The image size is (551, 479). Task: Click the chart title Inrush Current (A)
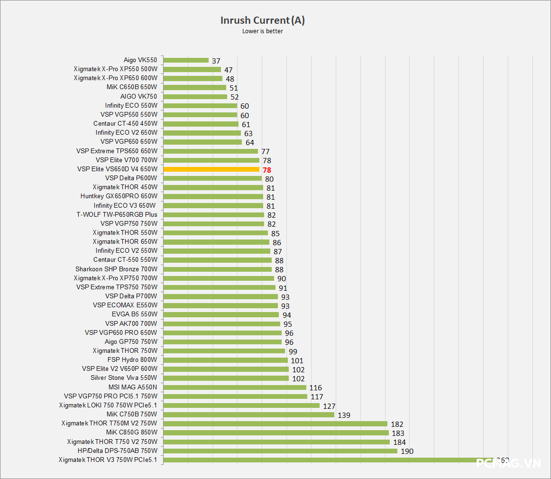(x=262, y=20)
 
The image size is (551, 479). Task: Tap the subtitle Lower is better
(x=262, y=31)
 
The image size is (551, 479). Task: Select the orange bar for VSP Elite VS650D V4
(x=211, y=169)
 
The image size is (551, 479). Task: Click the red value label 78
(x=266, y=170)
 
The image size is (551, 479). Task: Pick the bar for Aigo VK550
(x=186, y=60)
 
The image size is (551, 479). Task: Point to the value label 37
(x=216, y=61)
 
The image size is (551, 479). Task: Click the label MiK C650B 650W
(x=132, y=87)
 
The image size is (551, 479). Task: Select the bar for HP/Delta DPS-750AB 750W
(x=280, y=451)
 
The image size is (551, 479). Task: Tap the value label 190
(x=407, y=451)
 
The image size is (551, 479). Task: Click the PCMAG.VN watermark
(x=508, y=463)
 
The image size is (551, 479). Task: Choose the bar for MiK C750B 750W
(x=249, y=415)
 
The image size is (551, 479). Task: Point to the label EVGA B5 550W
(x=134, y=314)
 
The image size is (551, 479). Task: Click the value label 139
(x=344, y=415)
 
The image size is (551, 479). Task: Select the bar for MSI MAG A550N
(x=235, y=387)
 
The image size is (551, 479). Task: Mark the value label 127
(x=329, y=406)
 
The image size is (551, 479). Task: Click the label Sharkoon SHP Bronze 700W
(x=116, y=269)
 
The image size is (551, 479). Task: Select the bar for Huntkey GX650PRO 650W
(x=213, y=196)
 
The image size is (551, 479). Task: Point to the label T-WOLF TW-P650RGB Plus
(x=117, y=214)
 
